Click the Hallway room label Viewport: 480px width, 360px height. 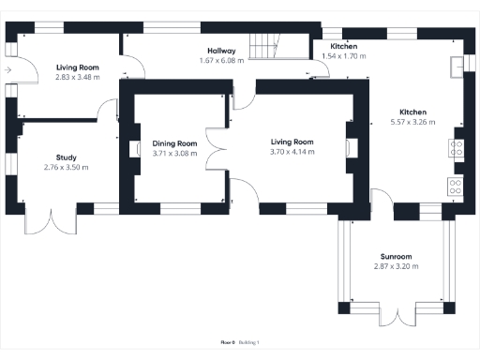coord(221,51)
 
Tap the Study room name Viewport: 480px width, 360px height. coord(66,157)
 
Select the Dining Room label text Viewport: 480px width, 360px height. coord(174,143)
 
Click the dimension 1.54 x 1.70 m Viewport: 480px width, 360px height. coord(343,56)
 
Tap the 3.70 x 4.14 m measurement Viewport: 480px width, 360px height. coord(292,152)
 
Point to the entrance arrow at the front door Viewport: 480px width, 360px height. coord(7,69)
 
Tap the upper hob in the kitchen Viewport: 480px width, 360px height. coord(457,147)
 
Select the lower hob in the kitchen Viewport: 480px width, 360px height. coord(457,185)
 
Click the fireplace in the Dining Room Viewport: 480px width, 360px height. coord(131,147)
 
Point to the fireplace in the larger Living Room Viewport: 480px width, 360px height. coord(352,147)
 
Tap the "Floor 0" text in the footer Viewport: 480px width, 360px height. coord(226,343)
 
